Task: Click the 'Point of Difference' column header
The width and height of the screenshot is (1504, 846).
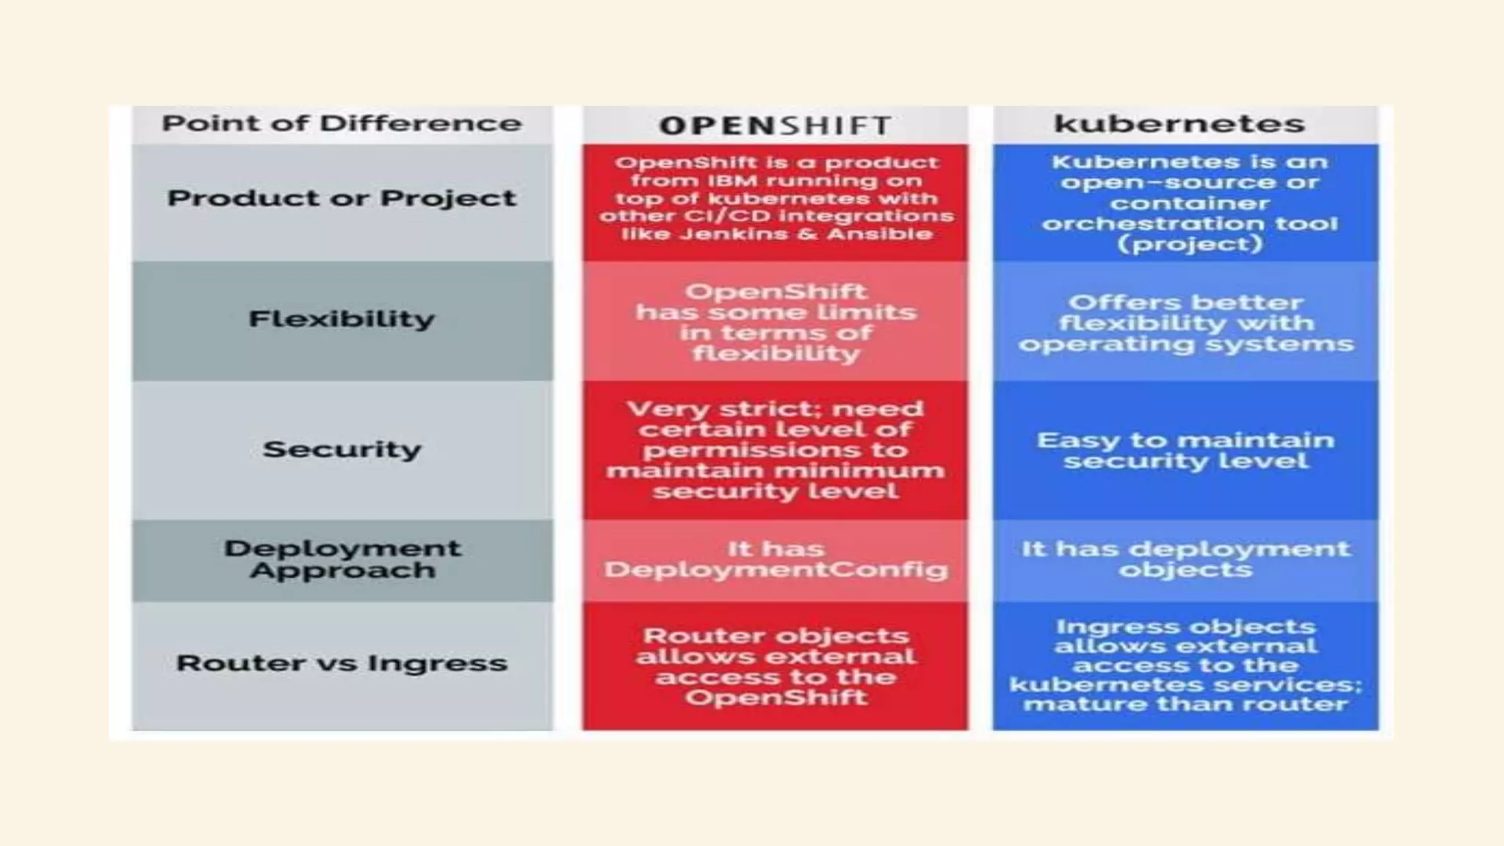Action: click(x=341, y=123)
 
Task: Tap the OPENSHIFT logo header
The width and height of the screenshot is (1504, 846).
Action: click(x=775, y=126)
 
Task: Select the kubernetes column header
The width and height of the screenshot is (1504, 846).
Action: click(x=1179, y=123)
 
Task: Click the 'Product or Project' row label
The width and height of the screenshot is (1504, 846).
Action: click(x=341, y=198)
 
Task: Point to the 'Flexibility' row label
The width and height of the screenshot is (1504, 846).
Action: click(x=341, y=319)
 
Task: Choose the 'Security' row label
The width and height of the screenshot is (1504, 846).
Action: click(x=341, y=449)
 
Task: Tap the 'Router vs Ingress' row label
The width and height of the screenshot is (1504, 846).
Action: click(x=341, y=663)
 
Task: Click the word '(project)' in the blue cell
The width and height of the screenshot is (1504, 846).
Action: click(x=1190, y=244)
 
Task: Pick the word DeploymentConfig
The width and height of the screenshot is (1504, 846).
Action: click(x=775, y=571)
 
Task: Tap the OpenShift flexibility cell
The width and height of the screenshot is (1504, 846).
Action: click(x=775, y=322)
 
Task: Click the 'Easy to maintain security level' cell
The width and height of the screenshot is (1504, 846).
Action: click(x=1185, y=450)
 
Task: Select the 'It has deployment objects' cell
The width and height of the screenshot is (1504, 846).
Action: click(x=1185, y=560)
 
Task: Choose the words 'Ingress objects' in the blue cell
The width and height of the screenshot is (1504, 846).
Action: click(x=1185, y=626)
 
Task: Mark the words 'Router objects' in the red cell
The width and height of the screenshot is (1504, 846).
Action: click(x=775, y=636)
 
